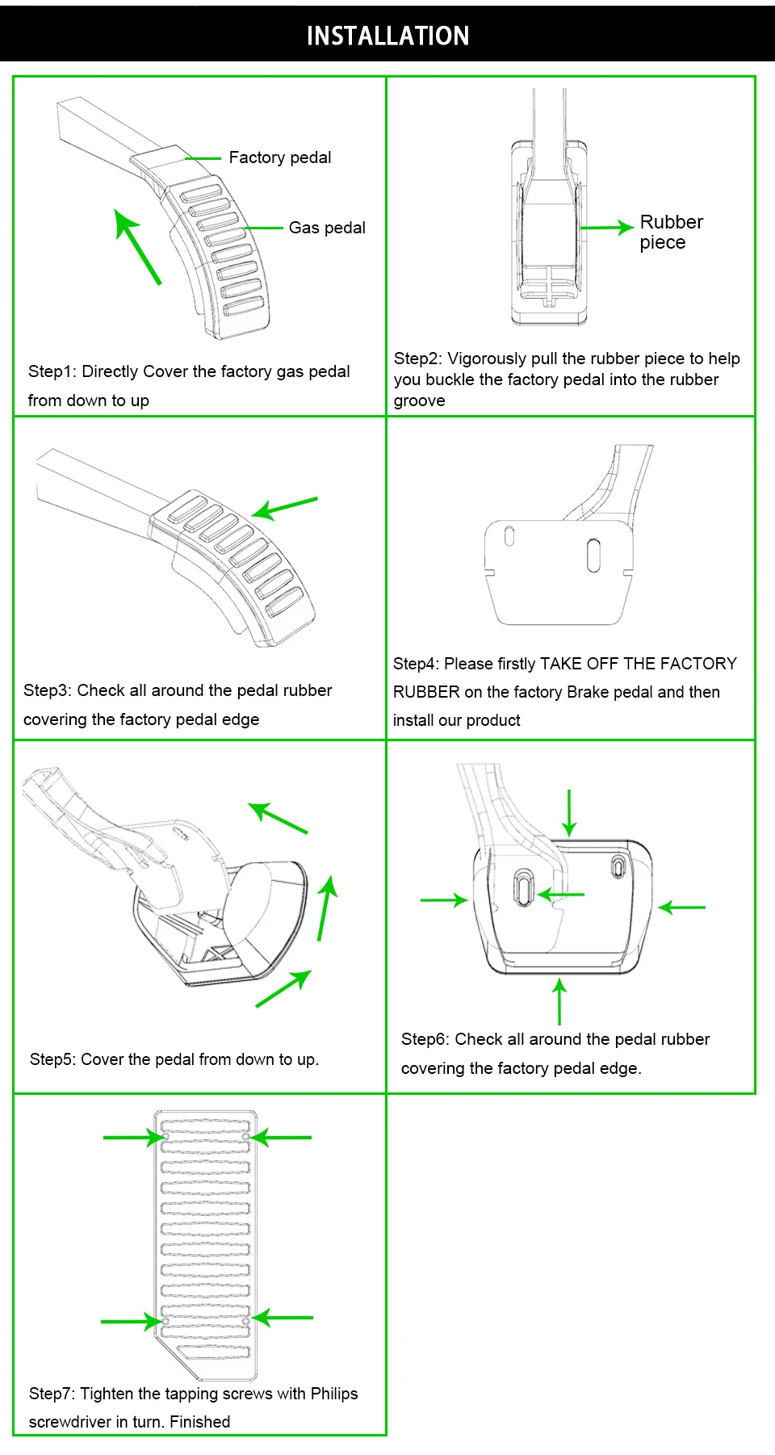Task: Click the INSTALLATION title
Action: click(387, 36)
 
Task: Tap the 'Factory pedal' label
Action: click(279, 157)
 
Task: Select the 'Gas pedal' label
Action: click(327, 228)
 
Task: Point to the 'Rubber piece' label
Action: click(670, 232)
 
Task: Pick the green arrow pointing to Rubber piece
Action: click(606, 228)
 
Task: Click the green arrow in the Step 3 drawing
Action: click(285, 507)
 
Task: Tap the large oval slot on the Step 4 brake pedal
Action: click(593, 556)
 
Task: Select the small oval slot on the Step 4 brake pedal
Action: click(509, 536)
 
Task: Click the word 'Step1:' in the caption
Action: click(52, 371)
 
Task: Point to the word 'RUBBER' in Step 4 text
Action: click(426, 692)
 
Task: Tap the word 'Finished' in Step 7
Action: click(199, 1422)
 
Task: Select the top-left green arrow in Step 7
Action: click(134, 1138)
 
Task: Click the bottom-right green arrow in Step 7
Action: click(283, 1318)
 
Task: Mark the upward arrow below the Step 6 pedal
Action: click(559, 1001)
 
